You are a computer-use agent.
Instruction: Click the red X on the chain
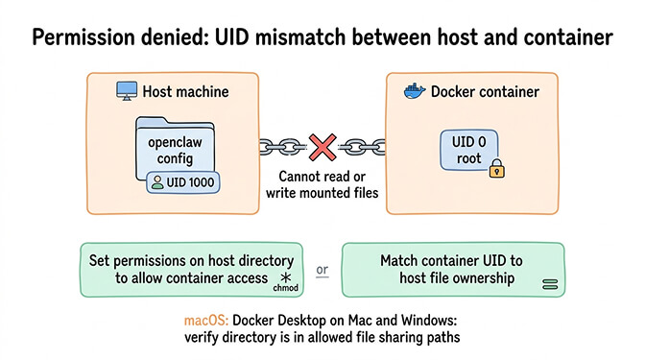click(x=322, y=146)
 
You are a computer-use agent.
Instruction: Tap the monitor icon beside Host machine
click(x=126, y=91)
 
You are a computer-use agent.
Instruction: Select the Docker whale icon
click(x=414, y=91)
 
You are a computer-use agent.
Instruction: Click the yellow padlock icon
click(x=496, y=170)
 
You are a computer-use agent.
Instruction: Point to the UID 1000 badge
click(x=183, y=181)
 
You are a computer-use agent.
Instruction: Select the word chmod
click(x=287, y=286)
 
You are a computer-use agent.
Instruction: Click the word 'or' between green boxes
click(x=322, y=269)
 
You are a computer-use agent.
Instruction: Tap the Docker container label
click(x=485, y=92)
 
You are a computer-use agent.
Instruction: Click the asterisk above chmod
click(x=286, y=275)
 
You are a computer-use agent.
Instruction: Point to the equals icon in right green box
click(x=550, y=284)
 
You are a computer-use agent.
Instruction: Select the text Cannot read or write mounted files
click(x=322, y=185)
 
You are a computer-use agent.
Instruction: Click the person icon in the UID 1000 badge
click(x=156, y=181)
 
